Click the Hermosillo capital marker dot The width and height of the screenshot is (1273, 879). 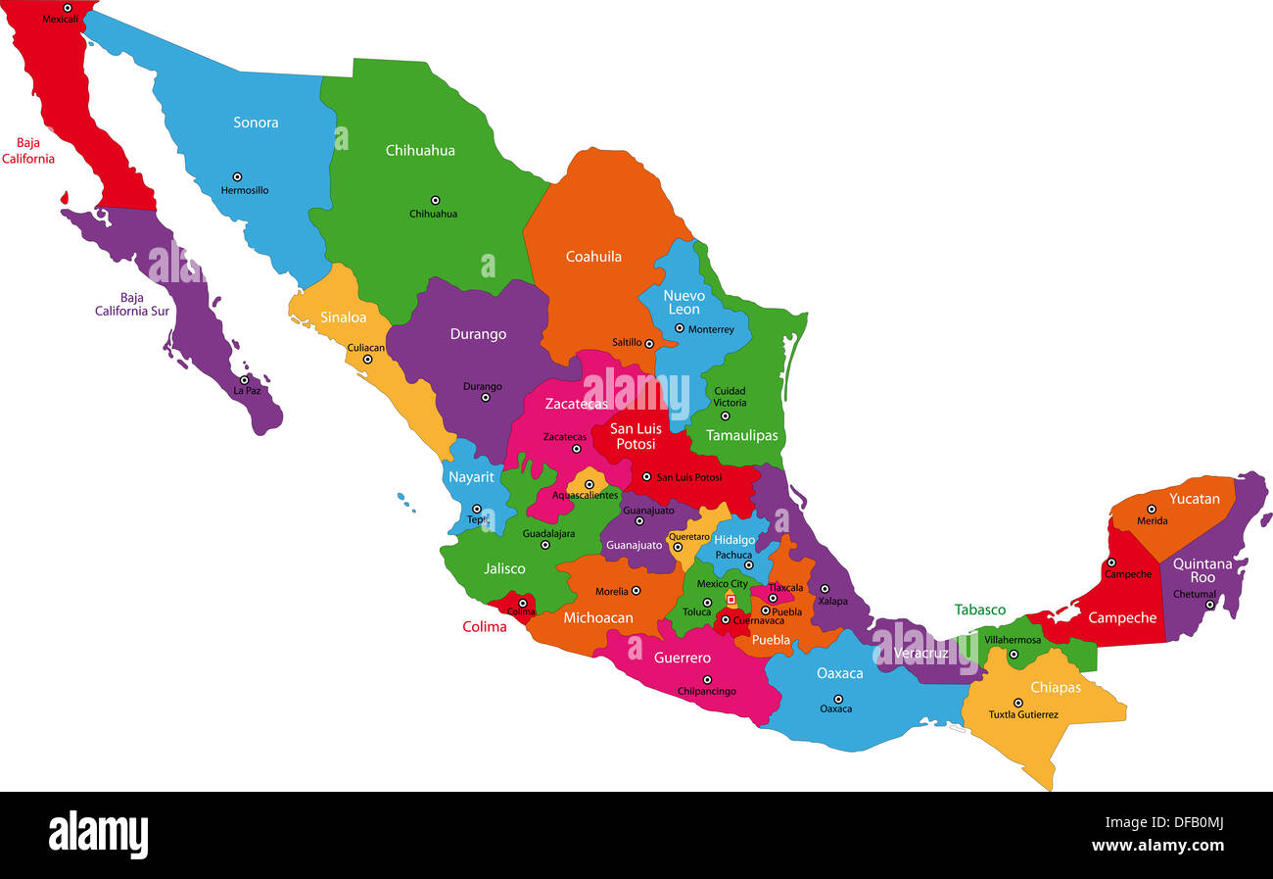pyautogui.click(x=236, y=176)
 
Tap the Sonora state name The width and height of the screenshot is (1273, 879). pyautogui.click(x=256, y=122)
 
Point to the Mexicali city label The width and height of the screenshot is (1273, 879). pyautogui.click(x=60, y=19)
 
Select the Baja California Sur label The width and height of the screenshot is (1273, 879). pyautogui.click(x=132, y=305)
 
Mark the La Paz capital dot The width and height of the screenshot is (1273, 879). pyautogui.click(x=244, y=380)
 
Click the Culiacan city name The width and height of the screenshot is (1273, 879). pyautogui.click(x=366, y=348)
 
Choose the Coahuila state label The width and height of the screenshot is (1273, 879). pyautogui.click(x=593, y=257)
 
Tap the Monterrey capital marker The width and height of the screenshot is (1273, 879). pyautogui.click(x=679, y=328)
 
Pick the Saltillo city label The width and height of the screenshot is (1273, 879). pyautogui.click(x=627, y=343)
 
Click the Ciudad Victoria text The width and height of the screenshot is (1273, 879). pyautogui.click(x=730, y=397)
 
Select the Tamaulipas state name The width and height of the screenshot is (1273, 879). pyautogui.click(x=742, y=435)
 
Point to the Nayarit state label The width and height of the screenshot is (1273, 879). pyautogui.click(x=471, y=477)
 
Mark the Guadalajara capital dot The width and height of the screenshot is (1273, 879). pyautogui.click(x=545, y=545)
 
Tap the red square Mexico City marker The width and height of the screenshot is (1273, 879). pyautogui.click(x=731, y=599)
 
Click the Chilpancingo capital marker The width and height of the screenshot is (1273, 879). pyautogui.click(x=707, y=679)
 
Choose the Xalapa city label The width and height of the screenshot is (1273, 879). pyautogui.click(x=833, y=601)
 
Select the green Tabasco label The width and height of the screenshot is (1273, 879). pyautogui.click(x=980, y=610)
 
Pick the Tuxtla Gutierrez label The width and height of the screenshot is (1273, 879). pyautogui.click(x=1023, y=715)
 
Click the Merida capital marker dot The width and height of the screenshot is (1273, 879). pyautogui.click(x=1152, y=509)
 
